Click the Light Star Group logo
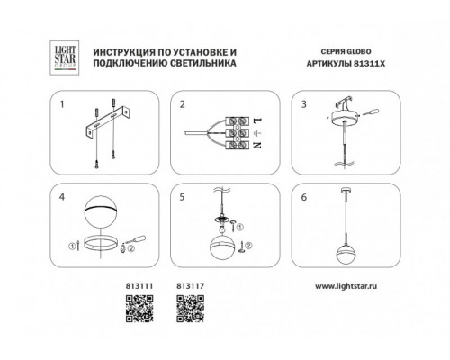pos(64,58)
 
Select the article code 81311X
pos(370,64)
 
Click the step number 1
pos(62,104)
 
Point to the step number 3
pos(304,104)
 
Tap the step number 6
pos(304,197)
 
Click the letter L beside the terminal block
pos(257,121)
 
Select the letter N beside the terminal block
pos(257,145)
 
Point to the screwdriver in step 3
pos(370,112)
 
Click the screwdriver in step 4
pos(137,239)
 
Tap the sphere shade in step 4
pos(100,212)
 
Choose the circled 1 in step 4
pos(72,247)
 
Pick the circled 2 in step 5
pos(248,246)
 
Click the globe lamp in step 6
pos(345,253)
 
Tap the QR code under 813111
pos(139,309)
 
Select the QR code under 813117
pos(191,309)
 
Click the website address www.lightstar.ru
pos(346,286)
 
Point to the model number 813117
pos(191,286)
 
